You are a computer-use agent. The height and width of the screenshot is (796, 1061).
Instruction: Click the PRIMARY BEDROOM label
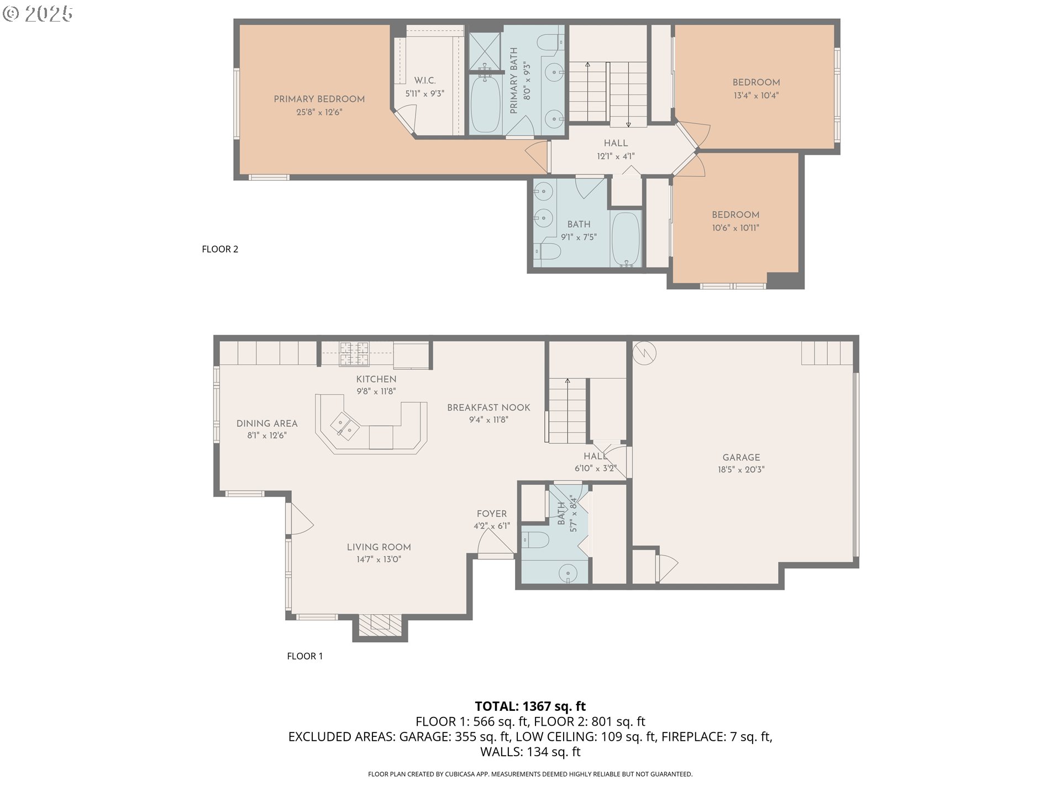point(319,99)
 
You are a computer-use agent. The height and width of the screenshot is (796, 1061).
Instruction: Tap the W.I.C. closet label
point(424,81)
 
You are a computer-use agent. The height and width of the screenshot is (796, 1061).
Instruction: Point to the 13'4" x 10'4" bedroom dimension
point(755,96)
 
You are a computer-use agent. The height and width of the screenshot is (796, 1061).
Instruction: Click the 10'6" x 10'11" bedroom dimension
point(735,228)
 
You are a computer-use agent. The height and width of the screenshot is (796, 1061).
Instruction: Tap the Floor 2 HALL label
point(615,143)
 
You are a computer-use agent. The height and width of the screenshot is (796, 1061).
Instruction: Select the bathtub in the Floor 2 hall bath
point(626,239)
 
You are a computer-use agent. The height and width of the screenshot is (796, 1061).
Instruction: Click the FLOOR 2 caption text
point(220,249)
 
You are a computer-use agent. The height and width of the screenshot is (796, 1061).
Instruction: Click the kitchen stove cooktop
point(354,354)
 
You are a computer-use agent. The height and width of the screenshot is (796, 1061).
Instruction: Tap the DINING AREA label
point(267,423)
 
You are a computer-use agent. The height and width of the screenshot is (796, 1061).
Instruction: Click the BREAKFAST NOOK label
point(489,407)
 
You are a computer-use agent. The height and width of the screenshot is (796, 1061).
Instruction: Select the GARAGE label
point(740,458)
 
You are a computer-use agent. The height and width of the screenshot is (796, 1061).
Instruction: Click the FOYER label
point(491,514)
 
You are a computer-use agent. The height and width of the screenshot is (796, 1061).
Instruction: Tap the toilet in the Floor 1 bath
point(535,539)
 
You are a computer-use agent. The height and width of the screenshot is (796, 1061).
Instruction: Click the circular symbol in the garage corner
point(644,352)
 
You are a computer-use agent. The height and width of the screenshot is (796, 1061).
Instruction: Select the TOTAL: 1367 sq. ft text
point(530,706)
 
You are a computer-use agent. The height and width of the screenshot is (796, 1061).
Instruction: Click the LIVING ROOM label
point(379,547)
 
